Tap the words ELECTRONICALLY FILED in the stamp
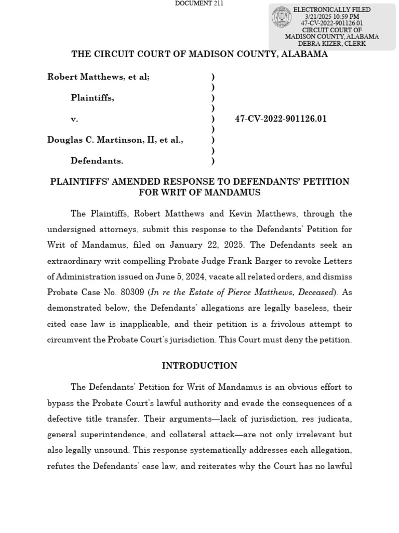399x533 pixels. click(x=332, y=10)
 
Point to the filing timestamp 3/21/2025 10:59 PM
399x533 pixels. click(x=332, y=17)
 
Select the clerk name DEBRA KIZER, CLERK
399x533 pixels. click(x=332, y=44)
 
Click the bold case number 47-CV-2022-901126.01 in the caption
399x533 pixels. click(x=281, y=119)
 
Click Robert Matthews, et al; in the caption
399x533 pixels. click(x=99, y=77)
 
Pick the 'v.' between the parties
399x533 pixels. click(x=74, y=119)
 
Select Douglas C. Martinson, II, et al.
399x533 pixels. click(x=115, y=139)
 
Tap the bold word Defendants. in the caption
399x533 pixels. click(x=97, y=161)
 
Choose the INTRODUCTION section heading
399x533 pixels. click(x=199, y=366)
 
